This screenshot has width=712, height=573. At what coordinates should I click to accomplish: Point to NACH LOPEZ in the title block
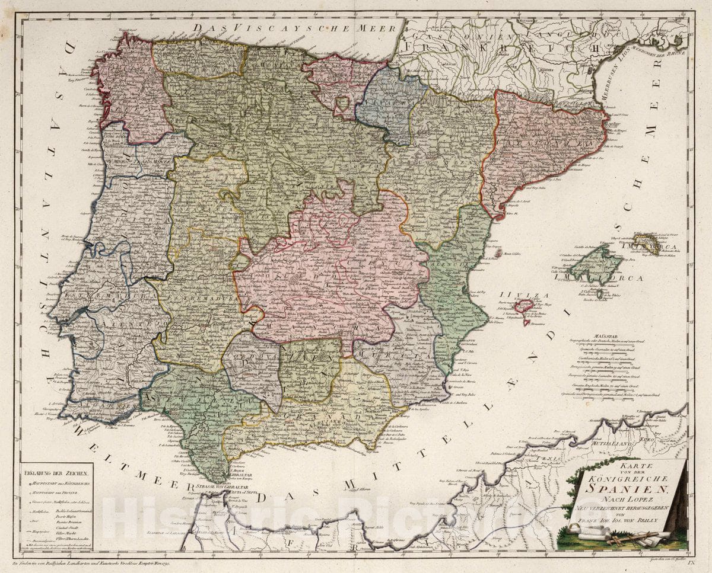628,501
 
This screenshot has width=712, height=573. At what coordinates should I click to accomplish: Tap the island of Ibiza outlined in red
523,306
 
